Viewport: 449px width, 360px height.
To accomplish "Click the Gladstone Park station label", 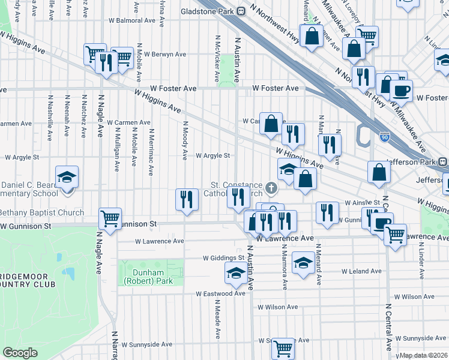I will pos(208,11).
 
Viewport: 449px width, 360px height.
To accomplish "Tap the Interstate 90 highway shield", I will pos(384,137).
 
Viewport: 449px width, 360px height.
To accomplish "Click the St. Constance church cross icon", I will pos(271,189).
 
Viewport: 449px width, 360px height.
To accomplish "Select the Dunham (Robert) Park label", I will pos(143,277).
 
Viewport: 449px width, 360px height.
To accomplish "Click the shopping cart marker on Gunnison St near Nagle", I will pos(110,218).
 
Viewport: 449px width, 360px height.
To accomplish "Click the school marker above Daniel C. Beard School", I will pos(67,176).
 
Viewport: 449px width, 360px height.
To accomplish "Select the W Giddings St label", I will pos(224,259).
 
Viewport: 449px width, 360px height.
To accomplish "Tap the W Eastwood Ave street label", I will pos(220,294).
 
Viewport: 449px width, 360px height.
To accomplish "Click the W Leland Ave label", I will pos(361,271).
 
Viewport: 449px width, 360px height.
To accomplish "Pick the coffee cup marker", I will pos(401,91).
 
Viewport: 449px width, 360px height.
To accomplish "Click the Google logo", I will pos(20,352).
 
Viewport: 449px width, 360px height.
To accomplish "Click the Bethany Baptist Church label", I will pos(41,212).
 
